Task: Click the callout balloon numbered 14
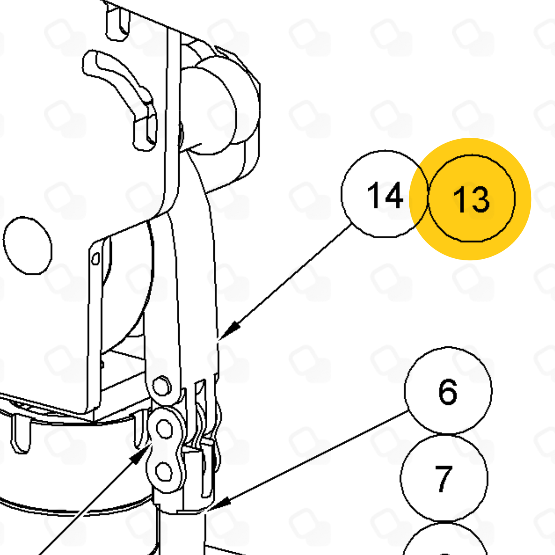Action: [x=384, y=194]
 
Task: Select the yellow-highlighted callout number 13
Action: [x=471, y=198]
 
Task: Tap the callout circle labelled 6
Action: [x=448, y=391]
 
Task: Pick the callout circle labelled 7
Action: [x=444, y=478]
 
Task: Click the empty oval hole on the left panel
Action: [x=28, y=245]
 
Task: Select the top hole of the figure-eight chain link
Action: [x=164, y=429]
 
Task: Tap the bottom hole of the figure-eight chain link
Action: [x=164, y=472]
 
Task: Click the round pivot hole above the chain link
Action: [x=161, y=386]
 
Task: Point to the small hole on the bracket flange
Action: [x=95, y=258]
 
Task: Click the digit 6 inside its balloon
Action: [x=448, y=391]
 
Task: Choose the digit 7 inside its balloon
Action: [x=444, y=479]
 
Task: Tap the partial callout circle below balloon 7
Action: [x=444, y=539]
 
